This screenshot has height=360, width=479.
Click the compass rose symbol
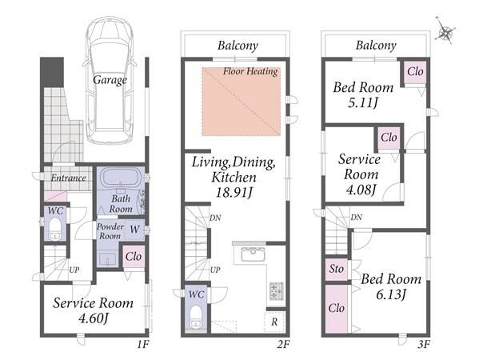coord(445,31)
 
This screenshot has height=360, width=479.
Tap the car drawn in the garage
coord(110,80)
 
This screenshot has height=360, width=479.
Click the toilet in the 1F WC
coord(55,228)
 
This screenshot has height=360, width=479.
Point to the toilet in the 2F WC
coord(195,318)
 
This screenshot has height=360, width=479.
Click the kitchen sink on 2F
coord(253,254)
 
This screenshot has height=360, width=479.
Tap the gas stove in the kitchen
coord(277,291)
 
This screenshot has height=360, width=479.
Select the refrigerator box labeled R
coord(274,322)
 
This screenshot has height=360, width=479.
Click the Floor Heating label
coord(250,71)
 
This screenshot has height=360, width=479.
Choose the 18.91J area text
coord(234,193)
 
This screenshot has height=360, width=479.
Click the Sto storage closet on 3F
coord(337,269)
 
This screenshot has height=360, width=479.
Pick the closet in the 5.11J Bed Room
coord(415,72)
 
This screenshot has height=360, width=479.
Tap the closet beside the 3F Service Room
coord(389,138)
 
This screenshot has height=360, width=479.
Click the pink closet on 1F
coord(134,257)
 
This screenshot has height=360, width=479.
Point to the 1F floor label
coord(142,345)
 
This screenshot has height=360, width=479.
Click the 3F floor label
coord(424,345)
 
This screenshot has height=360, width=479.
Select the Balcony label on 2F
coord(238,46)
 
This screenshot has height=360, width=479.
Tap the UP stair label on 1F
coord(74,270)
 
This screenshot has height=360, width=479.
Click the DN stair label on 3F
coord(356,218)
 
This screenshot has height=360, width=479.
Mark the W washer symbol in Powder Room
coord(134,230)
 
